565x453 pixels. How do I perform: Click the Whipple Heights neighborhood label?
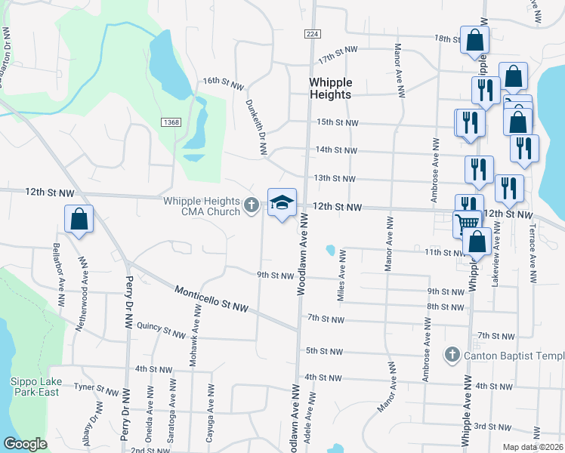[x=330, y=88]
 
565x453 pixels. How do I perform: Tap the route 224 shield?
[x=311, y=35]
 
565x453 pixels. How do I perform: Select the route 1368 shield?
[x=171, y=122]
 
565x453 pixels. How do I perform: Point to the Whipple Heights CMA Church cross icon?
[x=252, y=205]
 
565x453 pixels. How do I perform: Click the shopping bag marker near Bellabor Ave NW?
[x=79, y=220]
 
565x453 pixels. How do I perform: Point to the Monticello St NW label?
[x=211, y=299]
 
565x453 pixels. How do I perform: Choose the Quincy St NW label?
[x=162, y=331]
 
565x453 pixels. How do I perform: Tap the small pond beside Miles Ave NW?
[x=330, y=250]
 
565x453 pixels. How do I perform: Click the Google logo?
[x=25, y=444]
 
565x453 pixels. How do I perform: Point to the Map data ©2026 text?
[x=532, y=447]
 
